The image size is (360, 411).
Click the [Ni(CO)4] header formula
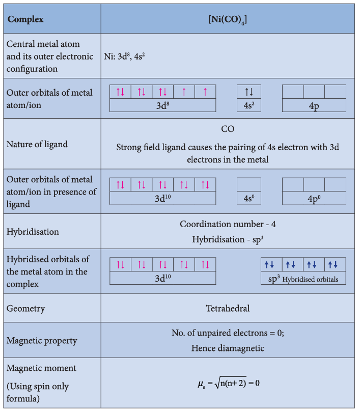coord(228,20)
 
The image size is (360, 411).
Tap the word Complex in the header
coord(25,19)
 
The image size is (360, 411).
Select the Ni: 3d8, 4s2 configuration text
coord(124,57)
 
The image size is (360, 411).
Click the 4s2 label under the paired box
coord(249,105)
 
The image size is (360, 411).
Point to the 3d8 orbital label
coord(163,105)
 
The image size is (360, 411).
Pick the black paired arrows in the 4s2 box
coord(249,92)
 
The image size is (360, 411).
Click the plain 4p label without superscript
coord(314,106)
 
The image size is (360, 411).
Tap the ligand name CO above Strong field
coord(228,129)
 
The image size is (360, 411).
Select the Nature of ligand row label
coord(37,144)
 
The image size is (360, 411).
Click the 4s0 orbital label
coord(249,199)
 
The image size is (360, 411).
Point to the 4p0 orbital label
coord(314,199)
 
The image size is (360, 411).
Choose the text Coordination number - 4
coord(228,224)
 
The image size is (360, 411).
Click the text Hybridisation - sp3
coord(228,239)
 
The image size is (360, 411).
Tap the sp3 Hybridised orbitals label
coord(303,279)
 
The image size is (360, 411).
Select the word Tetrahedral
coord(228,308)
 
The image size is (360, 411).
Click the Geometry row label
coord(25,309)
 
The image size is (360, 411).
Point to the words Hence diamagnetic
coord(228,348)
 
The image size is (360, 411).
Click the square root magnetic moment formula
coord(229,383)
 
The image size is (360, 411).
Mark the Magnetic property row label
coord(42,341)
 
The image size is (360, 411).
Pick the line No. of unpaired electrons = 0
coord(228,333)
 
